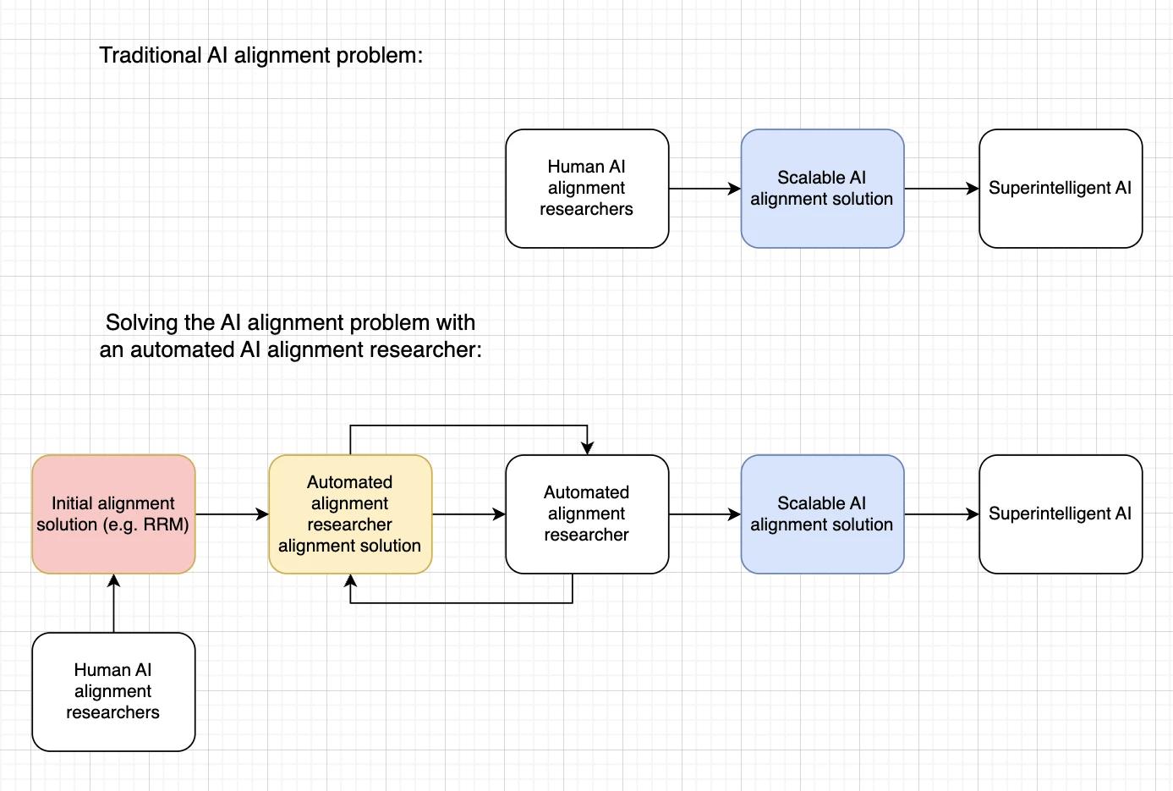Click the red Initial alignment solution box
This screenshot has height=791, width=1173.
pyautogui.click(x=113, y=514)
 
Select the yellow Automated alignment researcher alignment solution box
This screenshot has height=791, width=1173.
pyautogui.click(x=350, y=514)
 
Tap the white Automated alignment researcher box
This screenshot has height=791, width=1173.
pyautogui.click(x=587, y=514)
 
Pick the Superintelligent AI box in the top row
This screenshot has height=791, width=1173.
pyautogui.click(x=1061, y=189)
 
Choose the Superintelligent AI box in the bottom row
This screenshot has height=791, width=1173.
pyautogui.click(x=1061, y=514)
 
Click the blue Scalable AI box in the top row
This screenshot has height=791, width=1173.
pyautogui.click(x=822, y=189)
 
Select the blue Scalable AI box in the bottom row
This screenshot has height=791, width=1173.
pyautogui.click(x=822, y=514)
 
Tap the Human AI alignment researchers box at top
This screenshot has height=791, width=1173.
pyautogui.click(x=587, y=189)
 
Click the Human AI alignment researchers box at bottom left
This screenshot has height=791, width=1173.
pyautogui.click(x=113, y=691)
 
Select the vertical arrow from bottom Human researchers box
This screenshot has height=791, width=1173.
pyautogui.click(x=113, y=603)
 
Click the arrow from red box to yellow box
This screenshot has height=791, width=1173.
pyautogui.click(x=232, y=514)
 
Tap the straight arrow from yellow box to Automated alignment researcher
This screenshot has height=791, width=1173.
pyautogui.click(x=469, y=514)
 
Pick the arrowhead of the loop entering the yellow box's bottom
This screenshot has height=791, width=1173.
pyautogui.click(x=350, y=580)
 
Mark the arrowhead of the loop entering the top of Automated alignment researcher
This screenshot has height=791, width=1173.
pyautogui.click(x=587, y=448)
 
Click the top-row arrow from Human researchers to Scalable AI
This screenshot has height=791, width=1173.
pyautogui.click(x=704, y=189)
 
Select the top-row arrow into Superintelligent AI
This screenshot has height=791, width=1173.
pyautogui.click(x=941, y=189)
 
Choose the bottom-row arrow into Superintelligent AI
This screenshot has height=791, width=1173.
pyautogui.click(x=941, y=514)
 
